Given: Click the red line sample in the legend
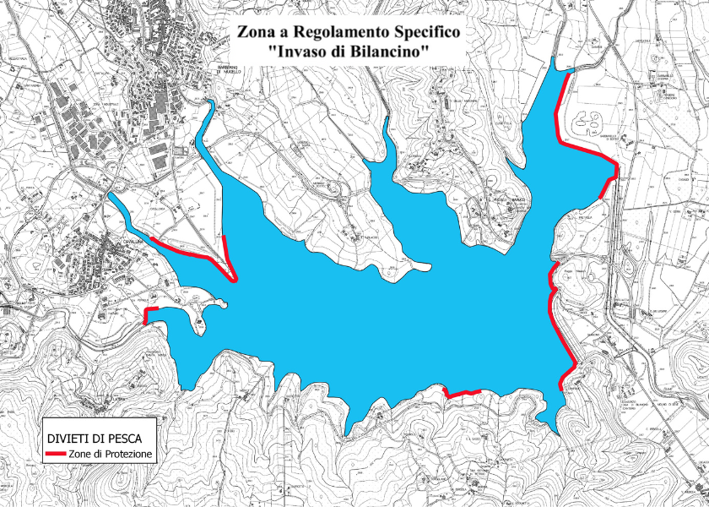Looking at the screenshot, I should click(56, 455).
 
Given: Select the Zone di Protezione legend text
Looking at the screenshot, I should click(111, 455).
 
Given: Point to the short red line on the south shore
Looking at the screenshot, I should click(463, 393).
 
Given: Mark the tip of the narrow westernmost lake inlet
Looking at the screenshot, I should click(111, 196).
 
